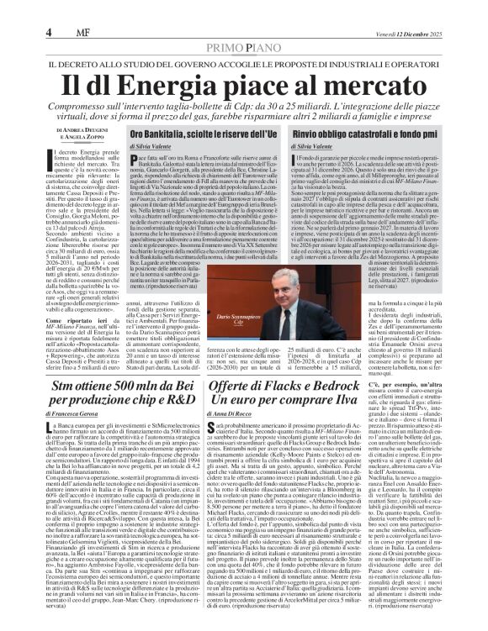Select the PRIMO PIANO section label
[x=243, y=24]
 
